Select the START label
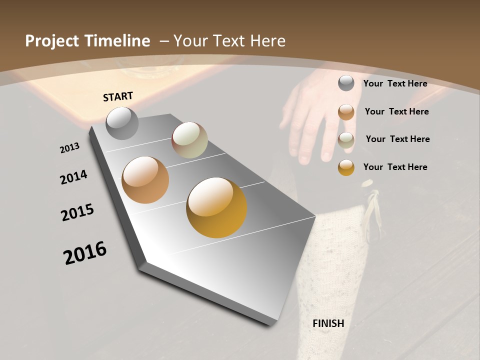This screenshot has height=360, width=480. tap(118, 96)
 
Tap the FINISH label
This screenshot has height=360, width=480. tap(328, 323)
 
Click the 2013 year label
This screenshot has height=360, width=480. tap(69, 148)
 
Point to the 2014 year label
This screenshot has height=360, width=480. tap(73, 177)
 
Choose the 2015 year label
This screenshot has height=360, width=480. tap(77, 212)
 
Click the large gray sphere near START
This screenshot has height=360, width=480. tap(122, 123)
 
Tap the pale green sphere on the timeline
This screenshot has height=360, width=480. tap(189, 140)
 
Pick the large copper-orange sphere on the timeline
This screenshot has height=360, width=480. tap(145, 180)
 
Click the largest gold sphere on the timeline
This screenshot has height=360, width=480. tap(216, 207)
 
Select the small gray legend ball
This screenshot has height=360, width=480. tap(346, 83)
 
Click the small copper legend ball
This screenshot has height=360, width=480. tap(346, 112)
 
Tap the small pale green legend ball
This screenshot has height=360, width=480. tap(346, 140)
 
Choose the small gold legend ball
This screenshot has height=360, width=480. tap(346, 167)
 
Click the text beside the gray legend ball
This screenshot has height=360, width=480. tap(395, 83)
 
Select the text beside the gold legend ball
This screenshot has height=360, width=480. tap(395, 167)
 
